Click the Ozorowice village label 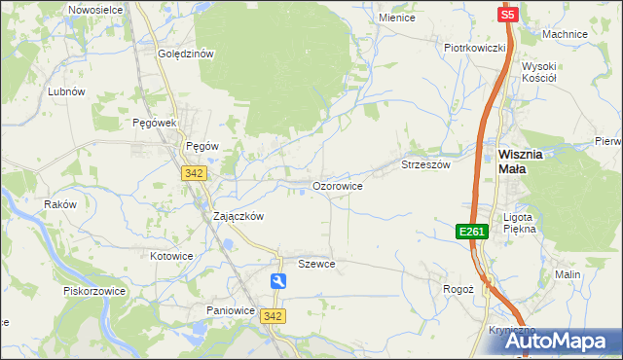(x=338, y=185)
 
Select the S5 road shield (x=507, y=15)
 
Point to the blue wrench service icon (x=278, y=281)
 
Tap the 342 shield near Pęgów (x=192, y=172)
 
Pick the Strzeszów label (x=426, y=165)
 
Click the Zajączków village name (x=238, y=217)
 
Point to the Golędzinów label (x=185, y=54)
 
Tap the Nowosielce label (x=94, y=9)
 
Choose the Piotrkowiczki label (x=474, y=48)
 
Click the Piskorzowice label (x=90, y=290)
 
